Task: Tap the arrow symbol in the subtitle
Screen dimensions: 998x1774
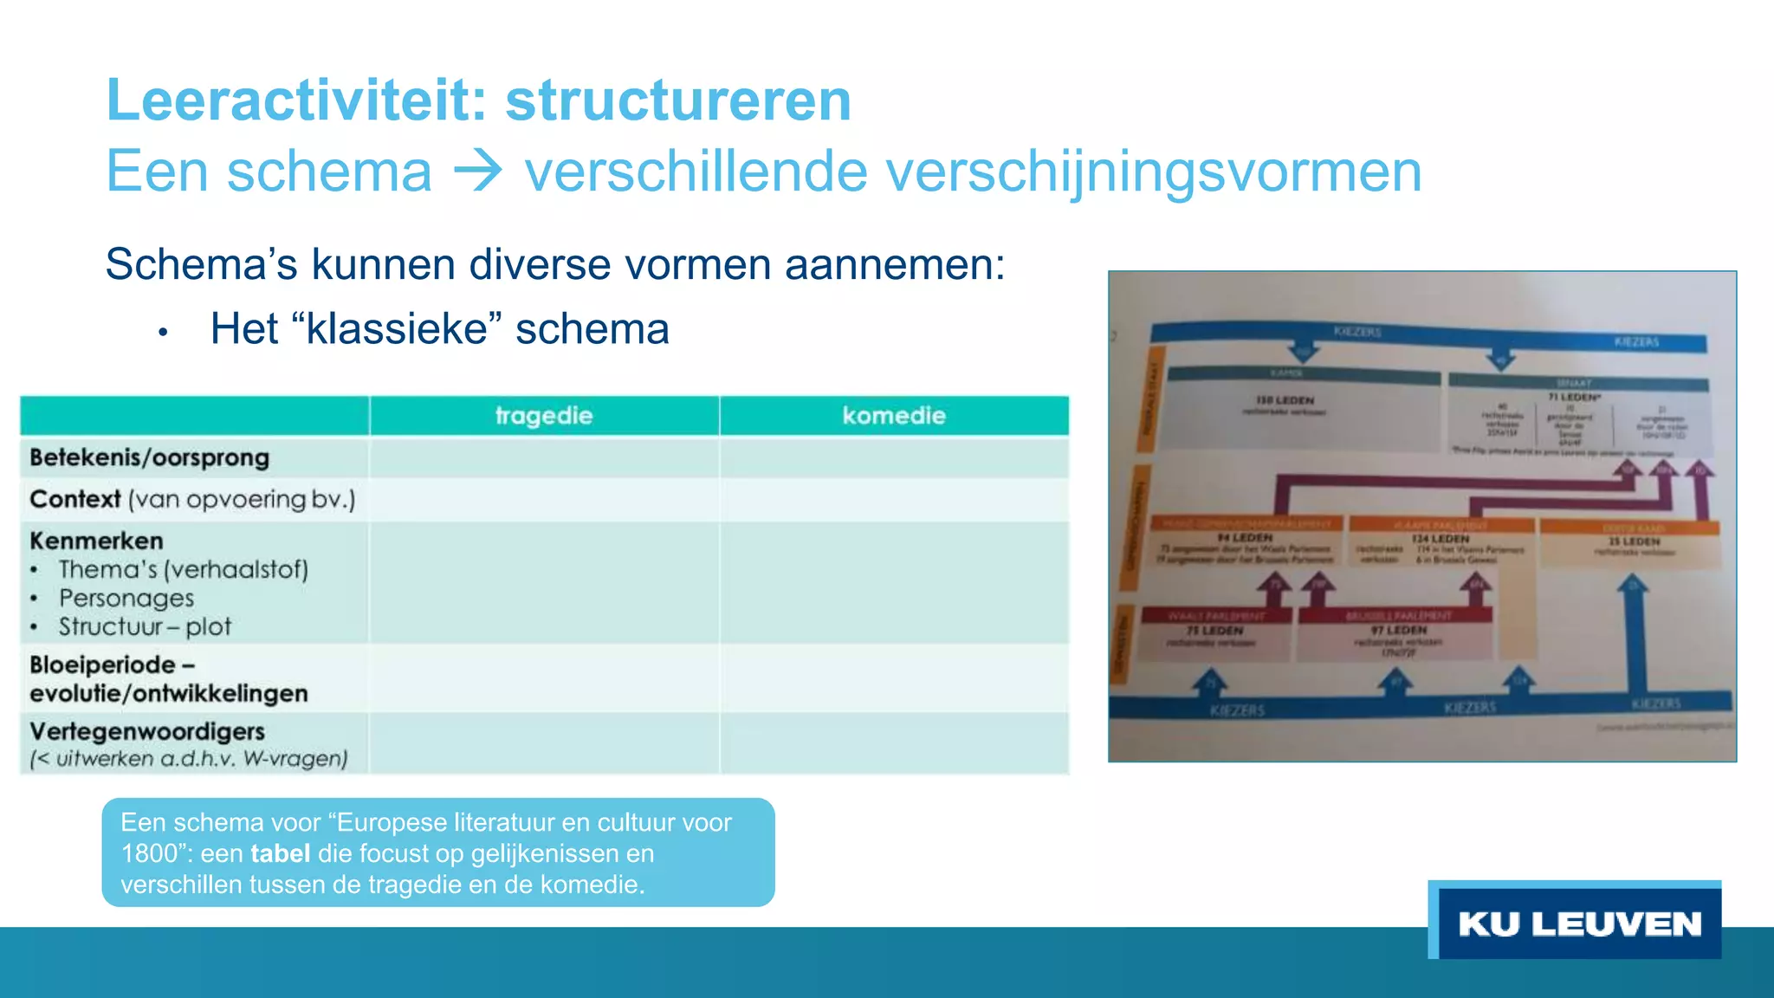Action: pos(477,171)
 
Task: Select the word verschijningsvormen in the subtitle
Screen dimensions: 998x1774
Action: pos(1146,171)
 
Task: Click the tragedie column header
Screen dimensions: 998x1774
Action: pos(544,416)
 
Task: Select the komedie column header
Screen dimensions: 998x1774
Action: pos(893,416)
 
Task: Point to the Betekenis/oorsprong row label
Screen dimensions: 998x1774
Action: pos(149,457)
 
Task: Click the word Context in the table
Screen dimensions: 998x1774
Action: pos(74,500)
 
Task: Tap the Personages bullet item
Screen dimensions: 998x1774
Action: pos(126,599)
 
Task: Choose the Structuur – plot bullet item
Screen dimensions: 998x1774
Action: pos(145,627)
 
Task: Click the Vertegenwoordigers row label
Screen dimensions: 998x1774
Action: pos(147,732)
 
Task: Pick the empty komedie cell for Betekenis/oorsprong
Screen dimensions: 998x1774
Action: pos(893,458)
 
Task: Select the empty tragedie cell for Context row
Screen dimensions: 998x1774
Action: pos(544,500)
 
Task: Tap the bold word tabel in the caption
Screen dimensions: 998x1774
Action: pos(280,854)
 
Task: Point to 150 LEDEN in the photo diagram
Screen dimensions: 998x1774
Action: pos(1285,400)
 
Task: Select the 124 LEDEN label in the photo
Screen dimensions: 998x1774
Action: pos(1440,539)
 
